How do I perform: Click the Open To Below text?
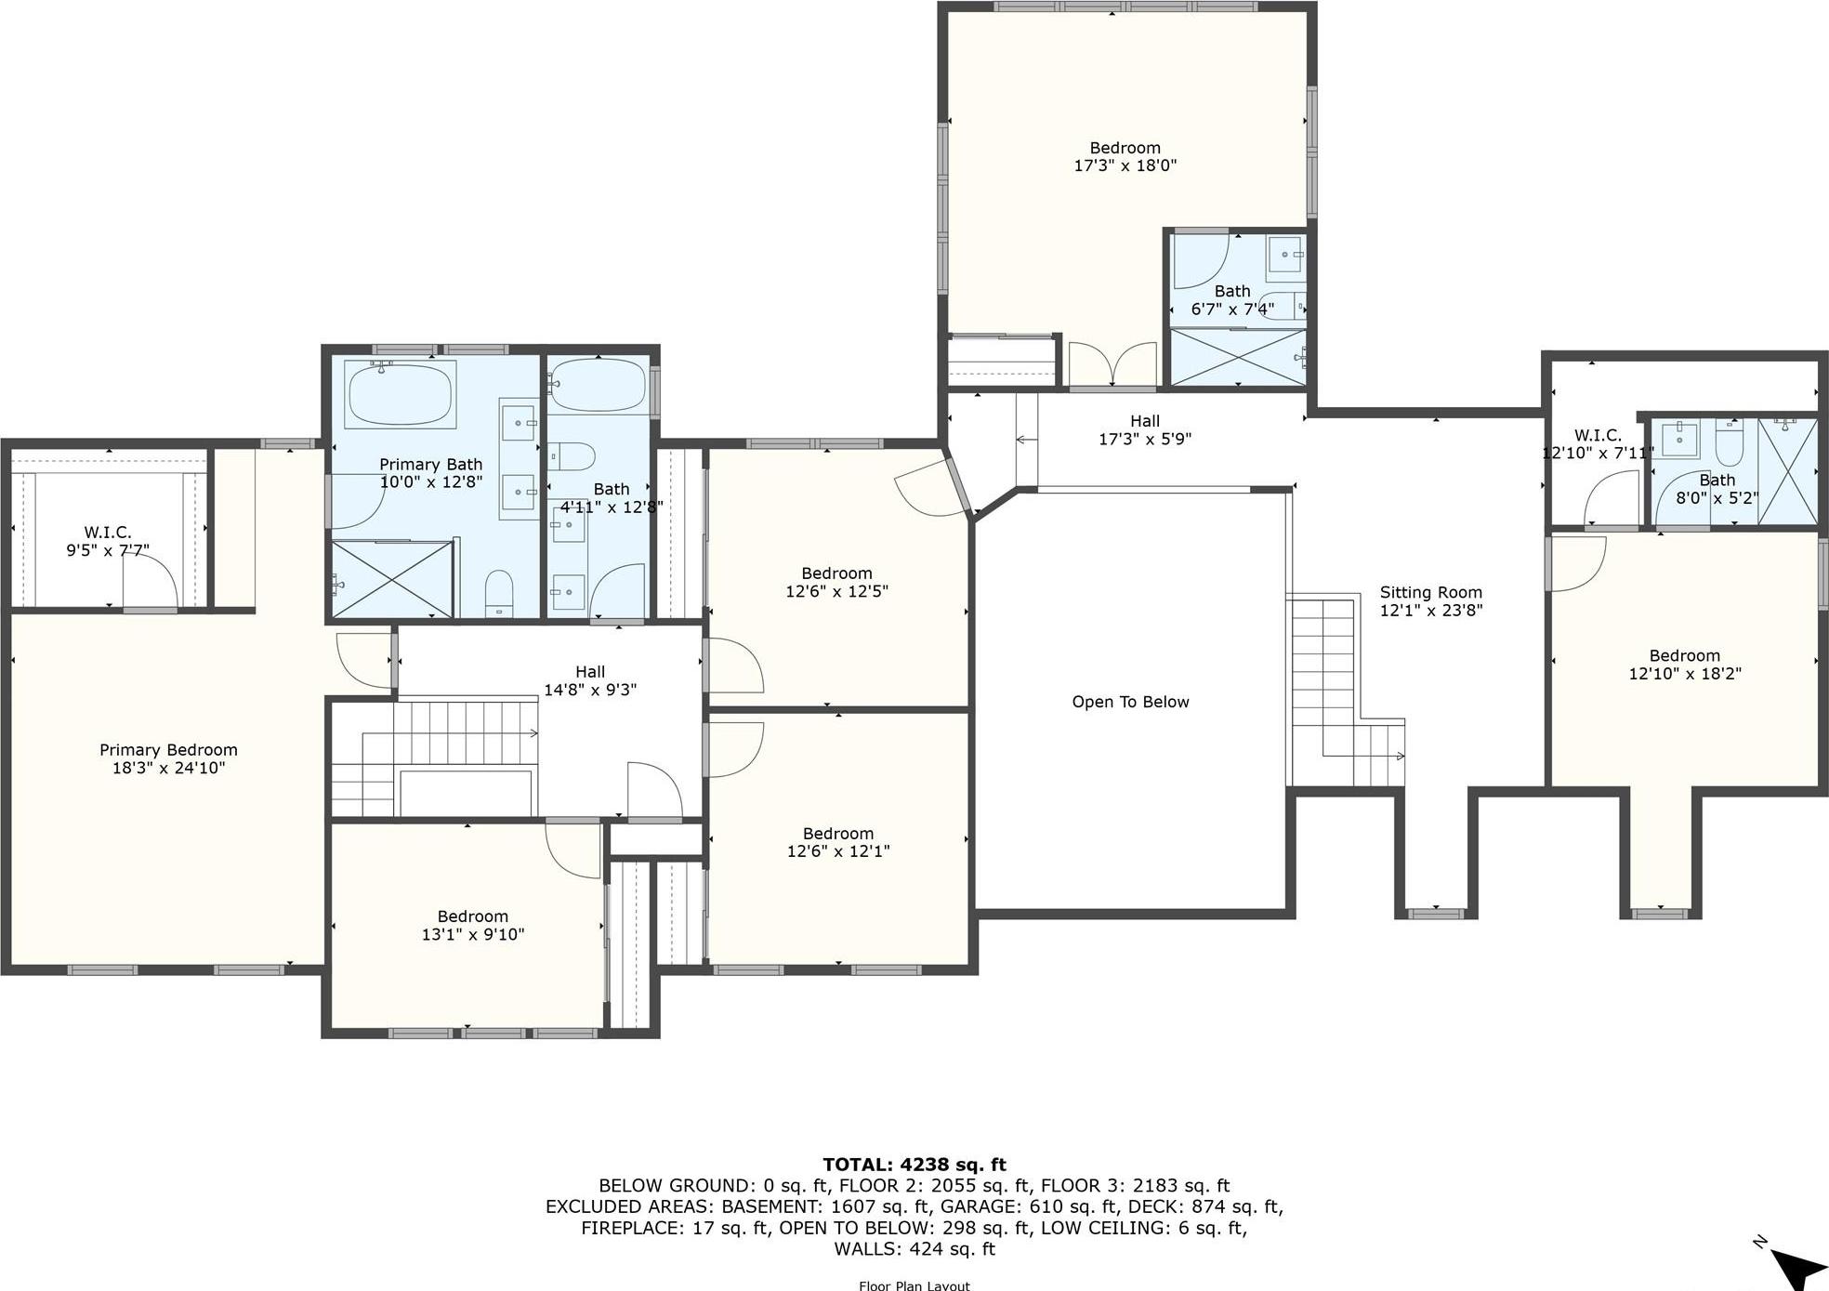[1130, 702]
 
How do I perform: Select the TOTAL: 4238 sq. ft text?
[914, 1165]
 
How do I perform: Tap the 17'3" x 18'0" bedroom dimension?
[1125, 165]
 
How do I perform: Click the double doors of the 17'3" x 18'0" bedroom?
[1112, 364]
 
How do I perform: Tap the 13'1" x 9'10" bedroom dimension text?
[472, 934]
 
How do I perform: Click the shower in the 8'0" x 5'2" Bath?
[1787, 471]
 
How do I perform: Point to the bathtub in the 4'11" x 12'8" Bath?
[598, 386]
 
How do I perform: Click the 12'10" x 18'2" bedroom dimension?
[1684, 674]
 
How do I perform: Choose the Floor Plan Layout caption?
[914, 1285]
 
